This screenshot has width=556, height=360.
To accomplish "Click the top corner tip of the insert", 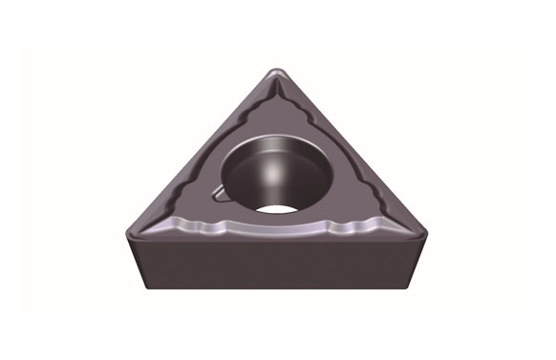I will [x=276, y=73].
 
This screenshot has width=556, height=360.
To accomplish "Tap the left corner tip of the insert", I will [x=127, y=229].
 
